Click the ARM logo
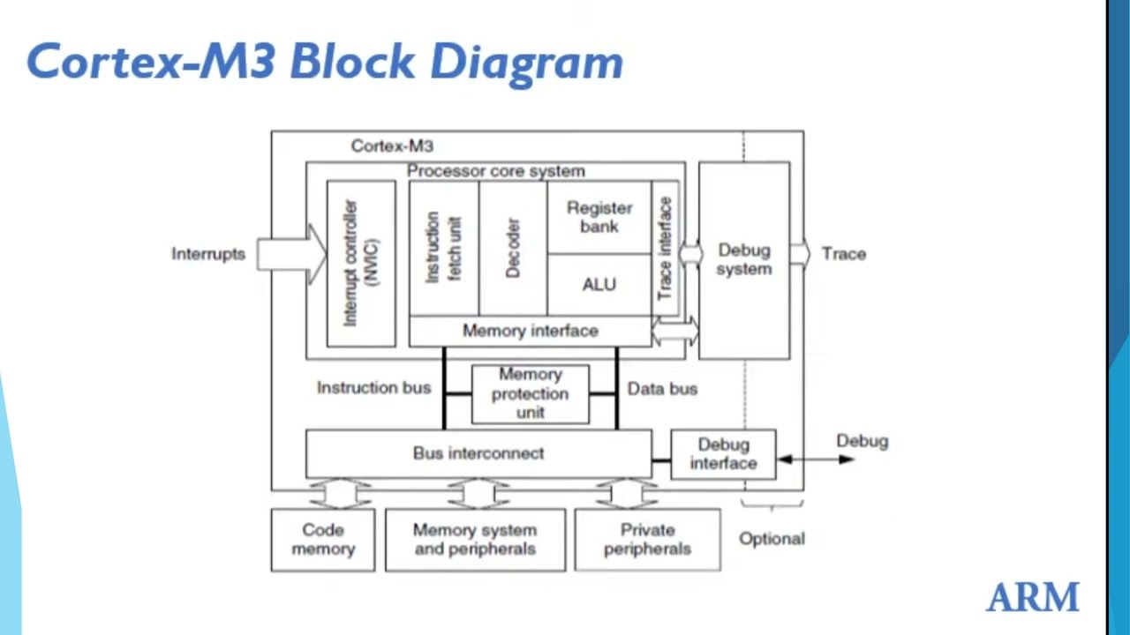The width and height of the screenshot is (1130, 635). [x=1032, y=597]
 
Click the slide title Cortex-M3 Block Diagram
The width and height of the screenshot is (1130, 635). [x=324, y=62]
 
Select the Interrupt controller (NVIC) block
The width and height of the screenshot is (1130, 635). [x=361, y=263]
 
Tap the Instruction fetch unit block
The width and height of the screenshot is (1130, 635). [x=444, y=248]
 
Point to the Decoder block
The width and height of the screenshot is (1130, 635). [x=513, y=248]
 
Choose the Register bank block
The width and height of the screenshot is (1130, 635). [x=599, y=217]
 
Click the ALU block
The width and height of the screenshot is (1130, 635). [x=599, y=285]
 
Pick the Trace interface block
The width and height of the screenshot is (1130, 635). [x=666, y=248]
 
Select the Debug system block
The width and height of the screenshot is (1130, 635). [x=743, y=260]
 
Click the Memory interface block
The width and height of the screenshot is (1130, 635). [x=530, y=331]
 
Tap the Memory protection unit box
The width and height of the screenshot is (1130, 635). [x=530, y=393]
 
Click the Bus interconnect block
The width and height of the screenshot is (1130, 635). [x=478, y=453]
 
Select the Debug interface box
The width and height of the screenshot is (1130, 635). [x=723, y=454]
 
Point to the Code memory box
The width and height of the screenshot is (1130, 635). [x=323, y=540]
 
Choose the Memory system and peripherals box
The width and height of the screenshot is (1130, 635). [x=475, y=540]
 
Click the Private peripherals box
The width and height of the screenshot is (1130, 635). [x=647, y=540]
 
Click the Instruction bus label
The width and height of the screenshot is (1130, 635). [x=373, y=387]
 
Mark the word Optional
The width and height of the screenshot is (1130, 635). [x=772, y=539]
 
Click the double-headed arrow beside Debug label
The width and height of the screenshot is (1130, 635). [x=814, y=459]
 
